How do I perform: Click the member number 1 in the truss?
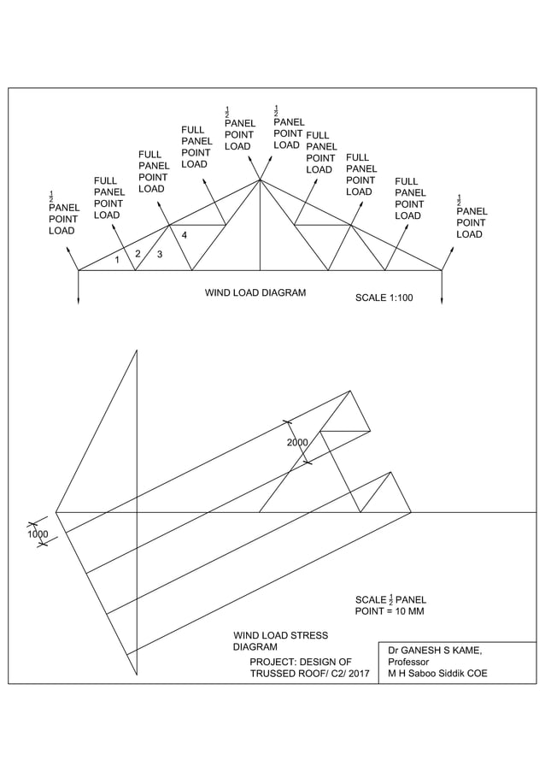(x=117, y=261)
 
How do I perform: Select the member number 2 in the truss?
(x=138, y=253)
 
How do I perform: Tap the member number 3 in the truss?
(x=160, y=254)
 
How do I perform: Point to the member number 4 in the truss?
(x=185, y=235)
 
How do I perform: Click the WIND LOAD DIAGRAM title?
(x=255, y=292)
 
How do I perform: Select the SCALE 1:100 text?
(x=384, y=298)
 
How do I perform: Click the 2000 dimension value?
(x=297, y=443)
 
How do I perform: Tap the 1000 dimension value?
(x=38, y=533)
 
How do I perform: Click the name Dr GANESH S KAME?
(x=435, y=650)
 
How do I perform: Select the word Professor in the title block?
(x=408, y=662)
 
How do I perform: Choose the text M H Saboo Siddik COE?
(x=437, y=674)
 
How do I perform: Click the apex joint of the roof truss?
(x=260, y=180)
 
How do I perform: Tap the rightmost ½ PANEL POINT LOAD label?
(x=472, y=217)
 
